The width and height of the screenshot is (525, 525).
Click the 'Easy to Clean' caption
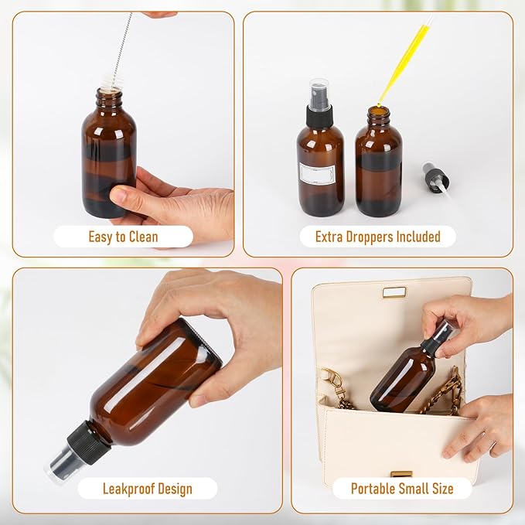click(123, 237)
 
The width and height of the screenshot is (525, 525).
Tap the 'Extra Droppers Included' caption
click(377, 237)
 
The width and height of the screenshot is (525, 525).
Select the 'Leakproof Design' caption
click(148, 489)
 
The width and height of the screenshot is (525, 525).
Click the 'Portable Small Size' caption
click(402, 489)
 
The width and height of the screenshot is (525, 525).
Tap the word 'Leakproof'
click(128, 489)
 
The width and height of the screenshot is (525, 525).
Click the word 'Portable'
click(374, 489)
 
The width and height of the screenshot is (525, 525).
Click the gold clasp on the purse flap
click(394, 292)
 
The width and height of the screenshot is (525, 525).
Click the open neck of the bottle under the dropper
click(378, 113)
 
